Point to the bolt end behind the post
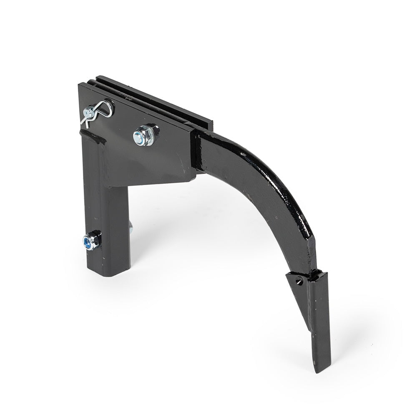click(131, 227)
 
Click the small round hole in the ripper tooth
click(299, 281)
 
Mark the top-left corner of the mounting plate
click(80, 85)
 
